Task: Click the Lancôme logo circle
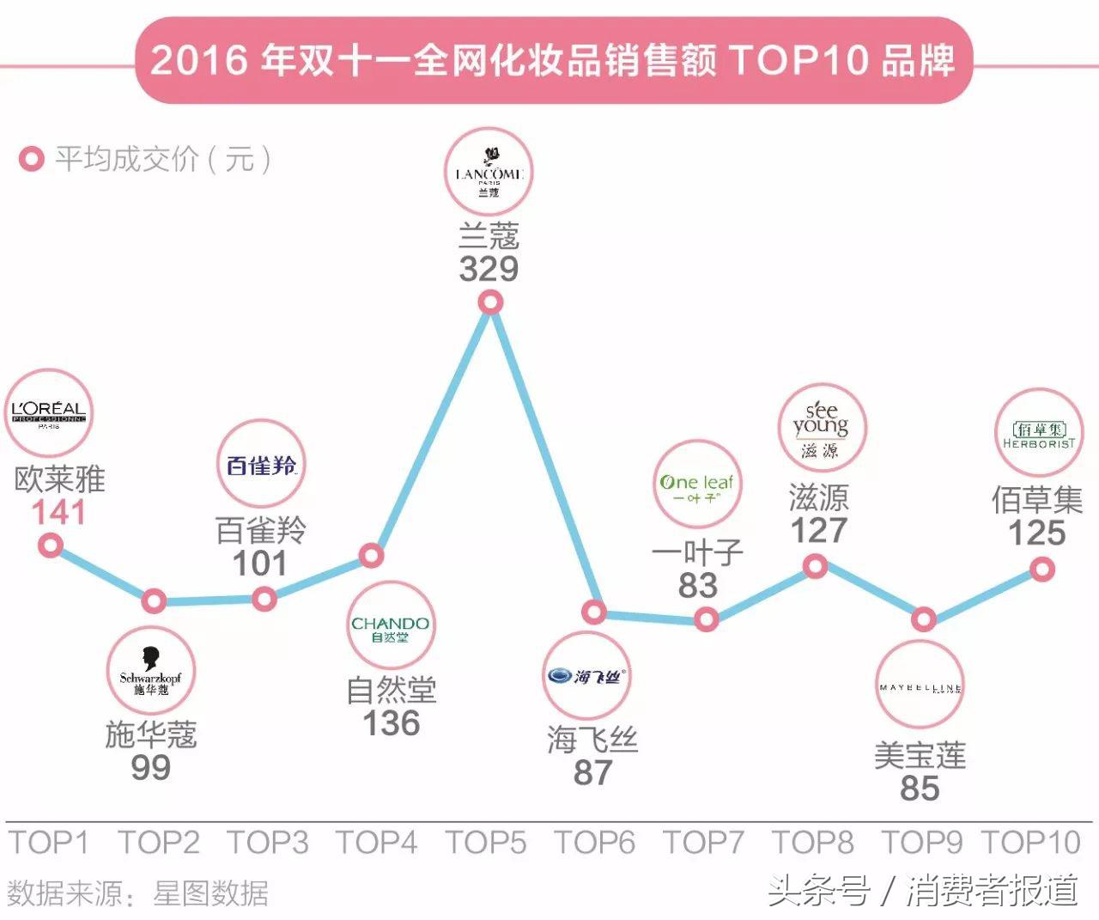pos(489,172)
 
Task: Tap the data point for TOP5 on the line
pos(490,302)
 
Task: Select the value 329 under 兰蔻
pos(489,270)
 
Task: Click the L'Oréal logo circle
pos(49,413)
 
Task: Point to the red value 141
pos(59,513)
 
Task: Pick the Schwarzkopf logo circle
pos(151,673)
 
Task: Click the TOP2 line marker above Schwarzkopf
pos(154,600)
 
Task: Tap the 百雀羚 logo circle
pos(261,465)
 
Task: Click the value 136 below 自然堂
pos(392,723)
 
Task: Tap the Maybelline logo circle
pos(920,685)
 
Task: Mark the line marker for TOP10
pos(1042,569)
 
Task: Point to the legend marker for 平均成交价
pos(32,160)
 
